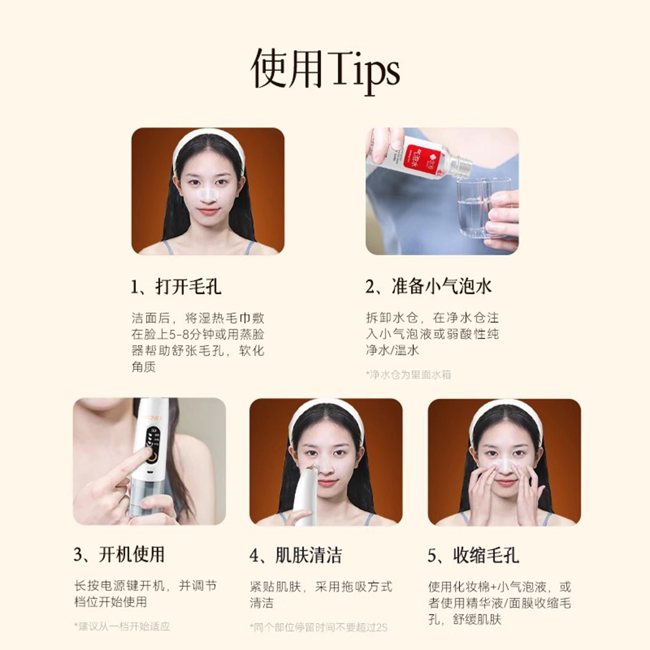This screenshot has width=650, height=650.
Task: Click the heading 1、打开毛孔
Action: (x=176, y=287)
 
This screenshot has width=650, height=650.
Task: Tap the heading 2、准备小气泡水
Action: (x=428, y=287)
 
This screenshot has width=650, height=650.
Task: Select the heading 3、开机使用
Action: (x=119, y=555)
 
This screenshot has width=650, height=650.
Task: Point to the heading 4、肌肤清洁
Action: (x=296, y=556)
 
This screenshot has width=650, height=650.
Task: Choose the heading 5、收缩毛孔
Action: (x=474, y=556)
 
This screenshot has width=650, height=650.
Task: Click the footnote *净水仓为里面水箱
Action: (x=409, y=374)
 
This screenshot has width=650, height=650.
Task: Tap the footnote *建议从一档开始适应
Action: (x=122, y=627)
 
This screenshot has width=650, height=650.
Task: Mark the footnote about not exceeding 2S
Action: (x=318, y=627)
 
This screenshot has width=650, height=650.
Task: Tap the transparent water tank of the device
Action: (x=144, y=501)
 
